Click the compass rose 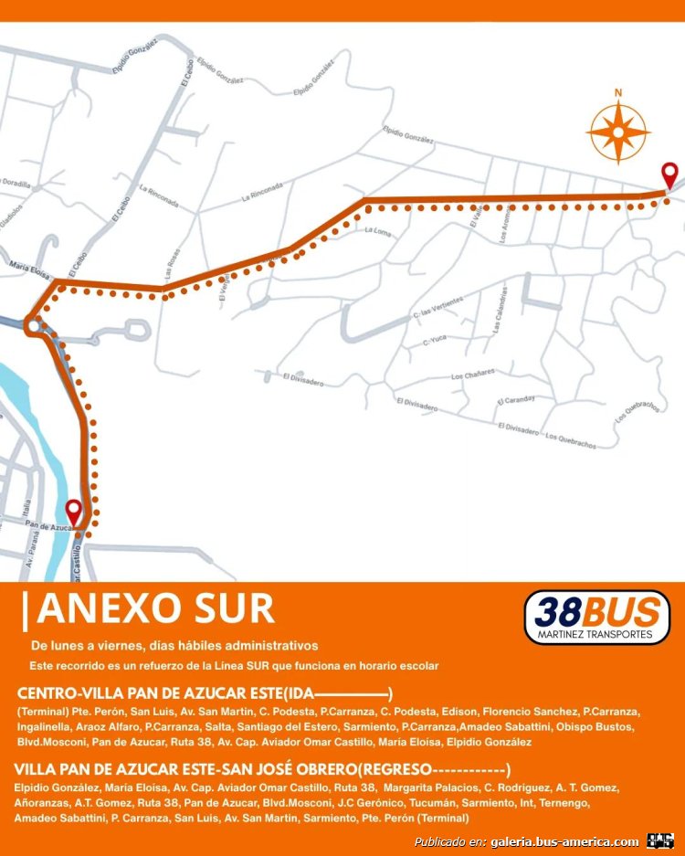618,132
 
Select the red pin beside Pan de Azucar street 73,513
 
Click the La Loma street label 377,231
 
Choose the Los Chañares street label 472,375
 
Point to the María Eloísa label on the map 28,266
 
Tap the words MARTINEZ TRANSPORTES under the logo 596,633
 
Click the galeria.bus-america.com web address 564,841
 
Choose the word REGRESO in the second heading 395,768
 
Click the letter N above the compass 618,92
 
